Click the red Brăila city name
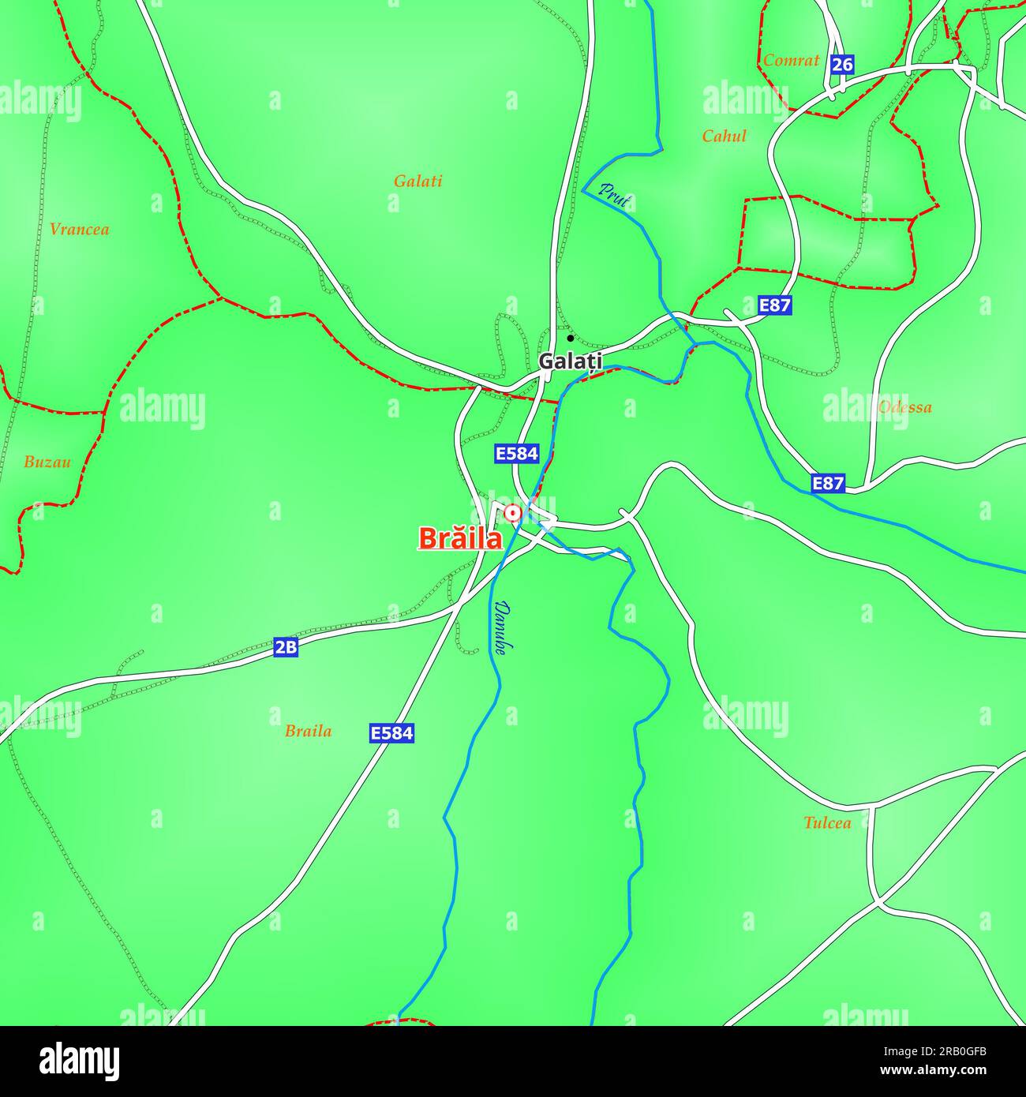(459, 538)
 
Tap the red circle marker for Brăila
(512, 514)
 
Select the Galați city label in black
(570, 361)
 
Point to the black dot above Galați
(570, 338)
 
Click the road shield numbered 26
(842, 64)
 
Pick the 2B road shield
(286, 647)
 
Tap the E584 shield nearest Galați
(516, 453)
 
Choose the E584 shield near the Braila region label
(391, 733)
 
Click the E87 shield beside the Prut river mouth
(774, 305)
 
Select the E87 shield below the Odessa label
(828, 483)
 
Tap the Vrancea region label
(79, 230)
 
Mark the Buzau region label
(47, 462)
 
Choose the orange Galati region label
(418, 181)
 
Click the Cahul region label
(724, 136)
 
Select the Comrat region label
(791, 60)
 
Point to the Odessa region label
(904, 407)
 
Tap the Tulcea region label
(827, 822)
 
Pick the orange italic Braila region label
(308, 731)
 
